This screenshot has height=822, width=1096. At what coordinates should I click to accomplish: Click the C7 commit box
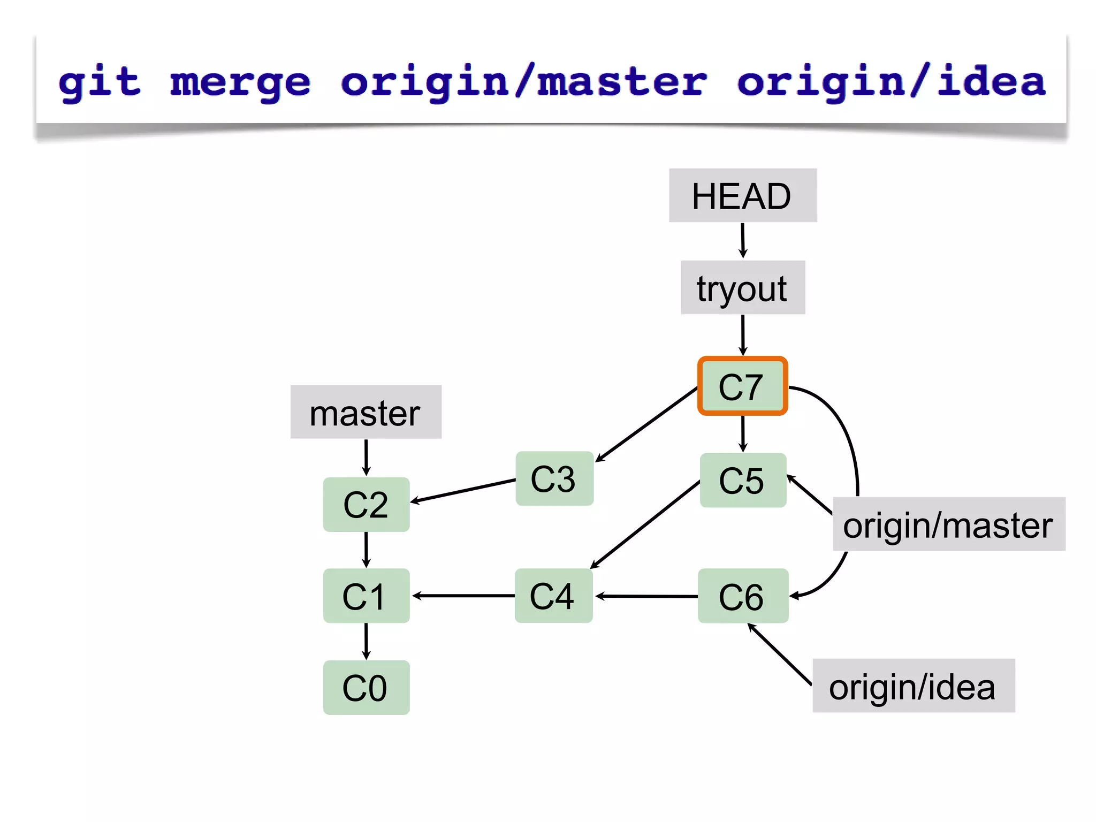742,386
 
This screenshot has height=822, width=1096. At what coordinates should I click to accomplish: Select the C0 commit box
366,687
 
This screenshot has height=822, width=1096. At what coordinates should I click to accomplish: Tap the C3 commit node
554,478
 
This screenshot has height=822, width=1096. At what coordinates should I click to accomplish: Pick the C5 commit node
743,480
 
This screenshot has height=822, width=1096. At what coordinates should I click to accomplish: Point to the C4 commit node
553,596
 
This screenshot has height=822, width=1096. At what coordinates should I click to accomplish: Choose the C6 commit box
743,596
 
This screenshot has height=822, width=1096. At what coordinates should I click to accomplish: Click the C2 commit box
366,504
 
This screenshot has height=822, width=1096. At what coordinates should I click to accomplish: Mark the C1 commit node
366,596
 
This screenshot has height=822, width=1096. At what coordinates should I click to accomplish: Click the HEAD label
742,195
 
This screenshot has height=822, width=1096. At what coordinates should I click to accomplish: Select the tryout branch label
742,287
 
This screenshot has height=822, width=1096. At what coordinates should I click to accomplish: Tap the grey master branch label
366,412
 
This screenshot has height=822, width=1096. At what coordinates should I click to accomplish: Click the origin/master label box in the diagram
948,524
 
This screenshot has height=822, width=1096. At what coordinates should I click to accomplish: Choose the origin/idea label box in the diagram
913,686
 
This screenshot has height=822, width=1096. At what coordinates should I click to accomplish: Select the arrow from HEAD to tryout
743,240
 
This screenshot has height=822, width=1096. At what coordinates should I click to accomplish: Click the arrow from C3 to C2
463,491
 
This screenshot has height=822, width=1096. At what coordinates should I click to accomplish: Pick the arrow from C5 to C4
645,524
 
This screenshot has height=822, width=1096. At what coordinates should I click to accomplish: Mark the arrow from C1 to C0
366,641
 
